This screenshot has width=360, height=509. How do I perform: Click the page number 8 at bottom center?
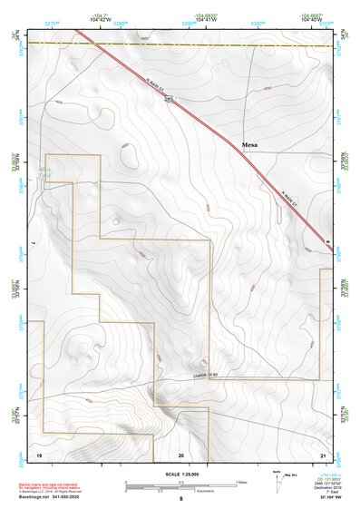(x=181, y=498)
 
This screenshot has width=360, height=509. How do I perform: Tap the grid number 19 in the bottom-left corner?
(x=38, y=453)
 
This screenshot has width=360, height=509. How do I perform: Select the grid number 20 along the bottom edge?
(x=181, y=453)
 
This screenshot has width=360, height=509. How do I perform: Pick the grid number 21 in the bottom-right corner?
(x=324, y=453)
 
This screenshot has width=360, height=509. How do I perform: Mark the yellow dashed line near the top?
(x=181, y=44)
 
